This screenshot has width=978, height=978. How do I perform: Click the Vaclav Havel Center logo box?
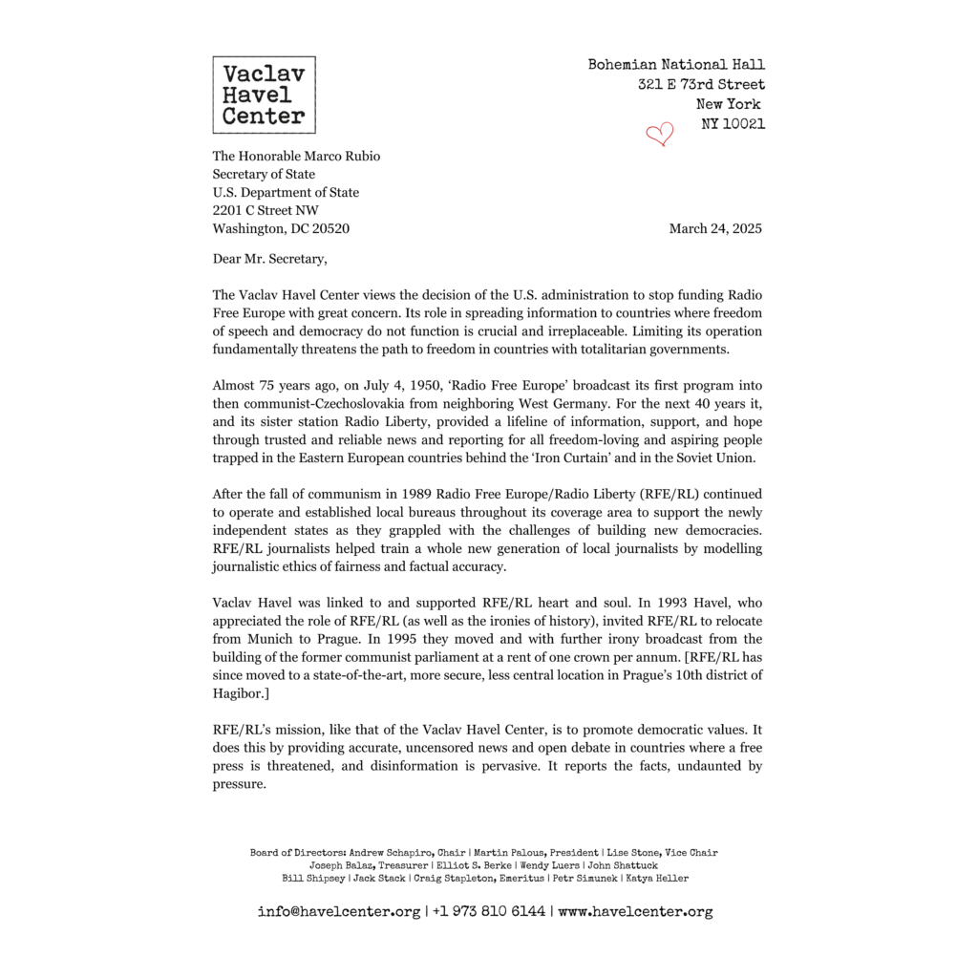(264, 95)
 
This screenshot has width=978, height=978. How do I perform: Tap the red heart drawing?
(659, 134)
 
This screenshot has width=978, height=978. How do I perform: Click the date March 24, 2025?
(715, 228)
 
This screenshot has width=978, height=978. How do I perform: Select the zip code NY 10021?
(733, 123)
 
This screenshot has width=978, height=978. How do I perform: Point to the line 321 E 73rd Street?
(701, 84)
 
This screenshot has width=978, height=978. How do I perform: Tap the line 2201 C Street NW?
(266, 210)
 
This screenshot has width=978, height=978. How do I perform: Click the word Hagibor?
(242, 693)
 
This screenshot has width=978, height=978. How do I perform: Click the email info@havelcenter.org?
(339, 911)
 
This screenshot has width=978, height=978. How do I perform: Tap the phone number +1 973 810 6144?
(489, 911)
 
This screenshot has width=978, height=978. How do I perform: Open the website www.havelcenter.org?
(635, 911)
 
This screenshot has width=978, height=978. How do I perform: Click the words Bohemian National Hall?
(676, 65)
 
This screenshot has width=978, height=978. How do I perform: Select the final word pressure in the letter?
(238, 784)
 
